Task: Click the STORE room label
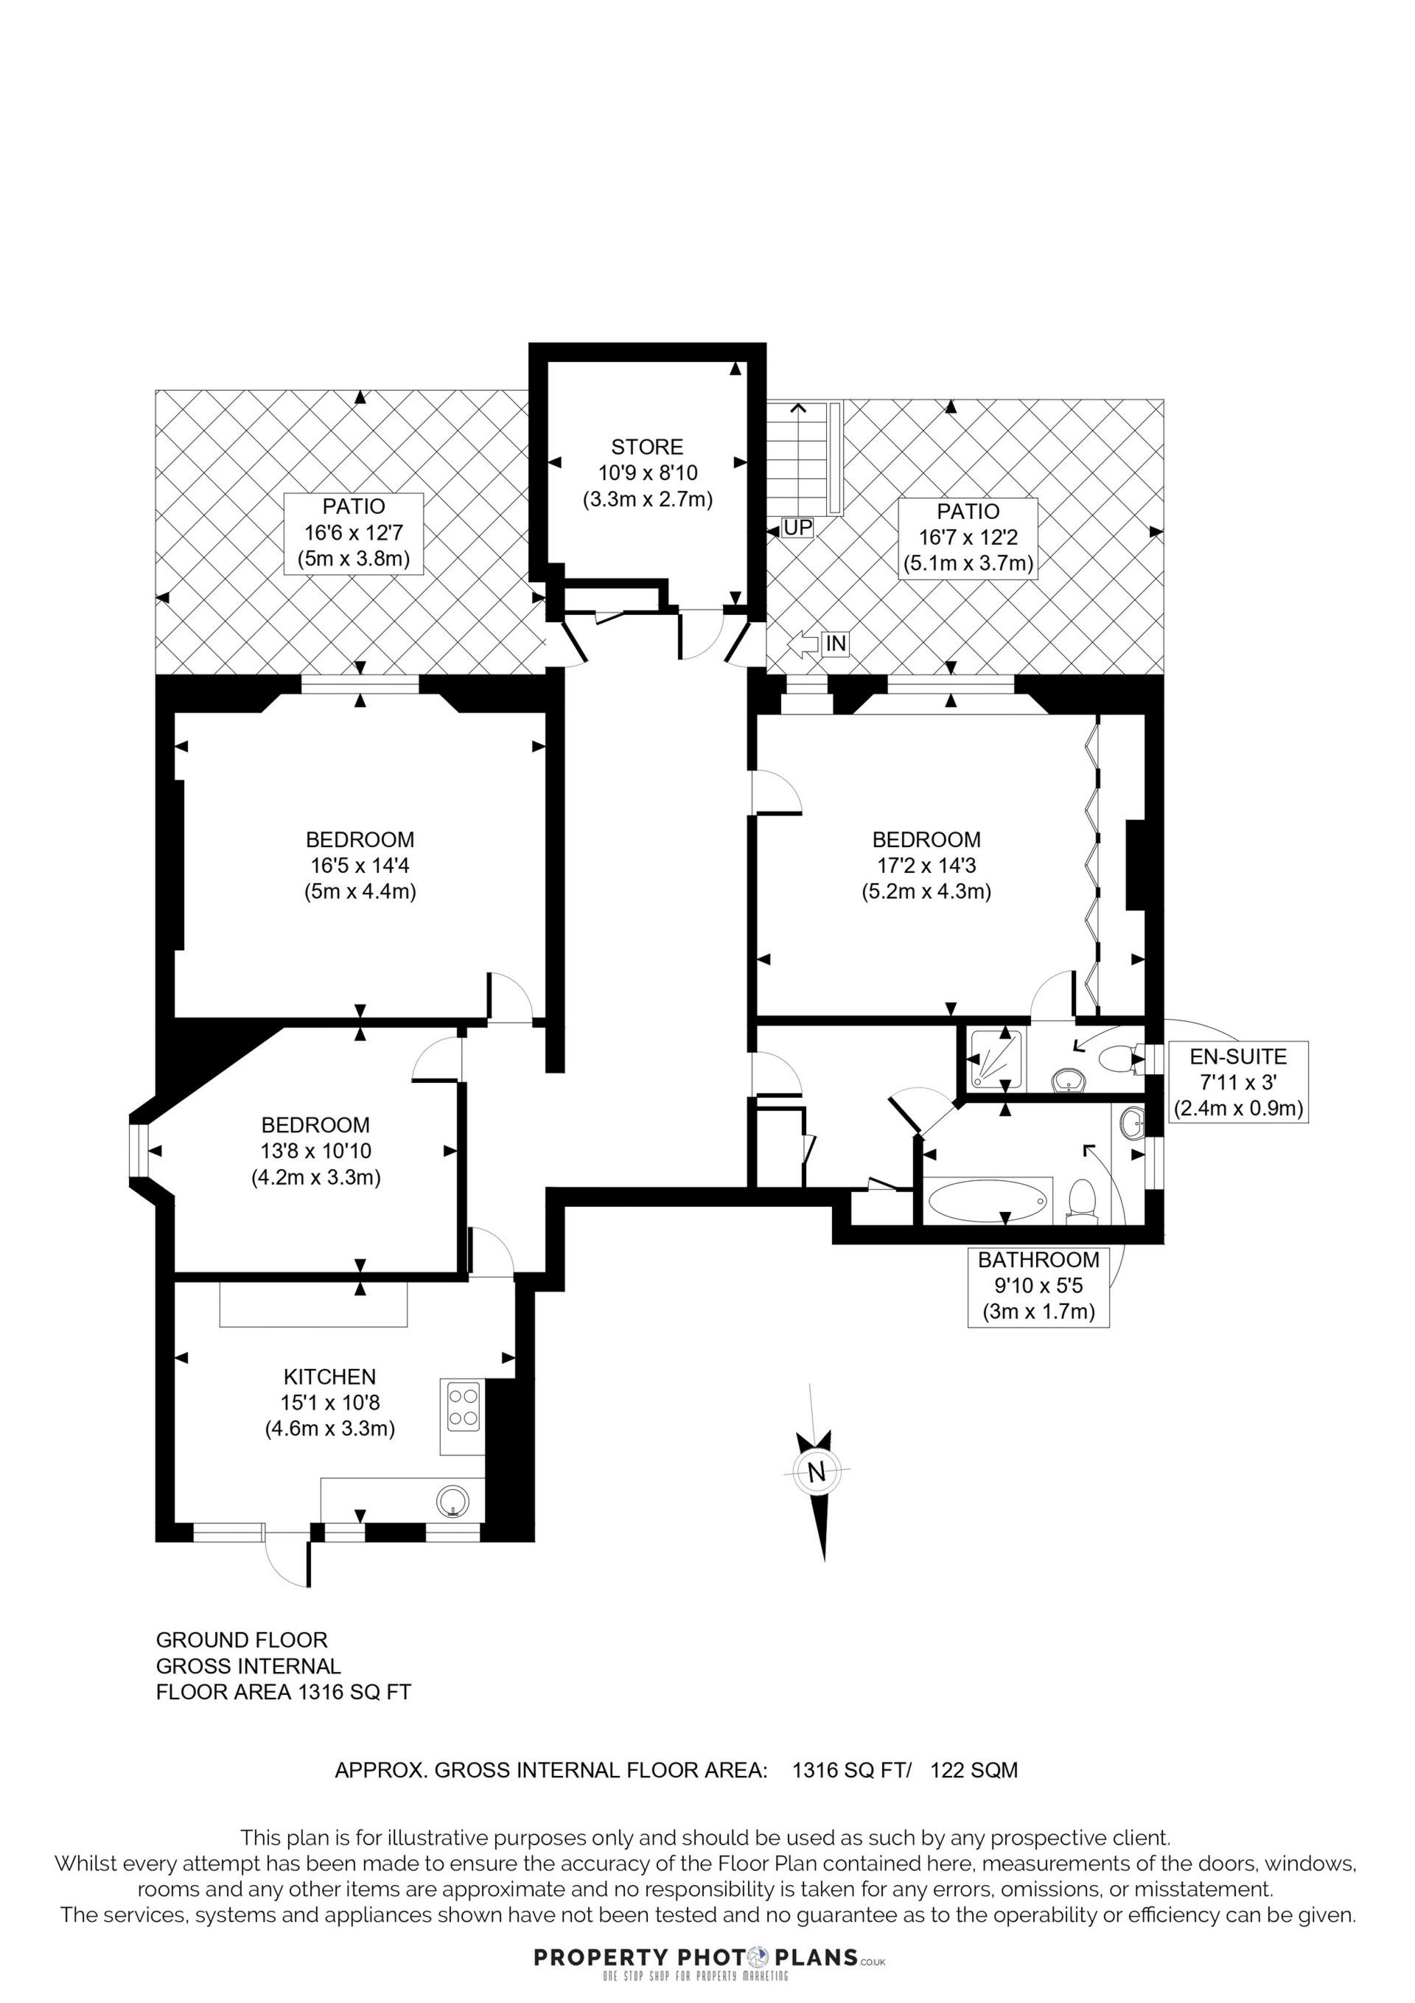(646, 447)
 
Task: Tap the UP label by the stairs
(797, 528)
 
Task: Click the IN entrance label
(836, 644)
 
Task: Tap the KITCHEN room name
(329, 1376)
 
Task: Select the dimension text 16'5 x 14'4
(360, 865)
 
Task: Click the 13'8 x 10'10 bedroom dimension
(316, 1152)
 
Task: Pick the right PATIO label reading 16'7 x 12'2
(968, 537)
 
